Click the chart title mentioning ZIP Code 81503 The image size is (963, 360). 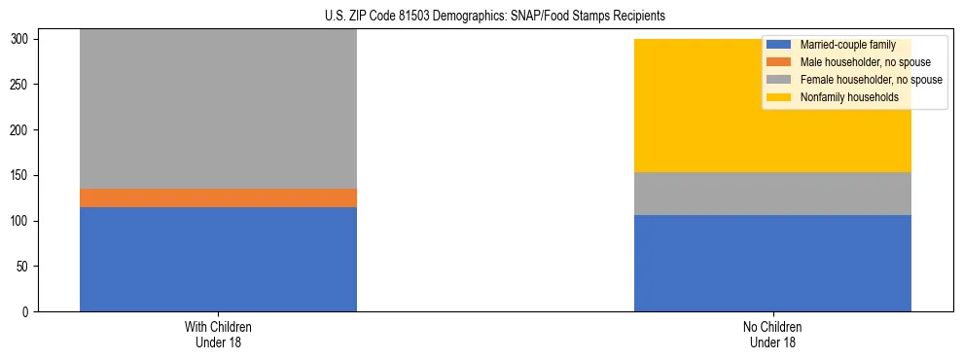pyautogui.click(x=495, y=17)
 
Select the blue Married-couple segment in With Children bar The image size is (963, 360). pyautogui.click(x=218, y=259)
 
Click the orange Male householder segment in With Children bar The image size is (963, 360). pyautogui.click(x=218, y=198)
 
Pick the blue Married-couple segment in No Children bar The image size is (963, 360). pyautogui.click(x=772, y=263)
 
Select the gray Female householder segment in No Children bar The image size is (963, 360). pyautogui.click(x=772, y=194)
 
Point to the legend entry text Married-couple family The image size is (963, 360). pyautogui.click(x=846, y=45)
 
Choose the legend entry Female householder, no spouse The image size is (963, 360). pyautogui.click(x=870, y=80)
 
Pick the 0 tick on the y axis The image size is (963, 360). pyautogui.click(x=29, y=311)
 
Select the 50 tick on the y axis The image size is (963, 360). pyautogui.click(x=26, y=267)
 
